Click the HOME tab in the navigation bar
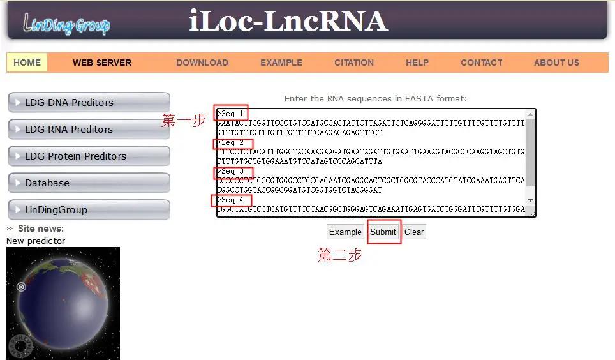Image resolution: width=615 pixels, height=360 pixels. tap(27, 63)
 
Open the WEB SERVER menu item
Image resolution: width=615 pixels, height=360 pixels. tap(102, 63)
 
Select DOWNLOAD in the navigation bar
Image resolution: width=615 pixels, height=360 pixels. tap(202, 63)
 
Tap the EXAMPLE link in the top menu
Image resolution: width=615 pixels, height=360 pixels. tap(281, 63)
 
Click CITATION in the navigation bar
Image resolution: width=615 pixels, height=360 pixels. tap(354, 63)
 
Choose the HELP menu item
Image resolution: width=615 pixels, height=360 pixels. tap(417, 63)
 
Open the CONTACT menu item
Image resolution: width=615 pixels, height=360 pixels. tap(482, 63)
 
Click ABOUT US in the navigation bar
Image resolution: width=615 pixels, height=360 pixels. tap(556, 63)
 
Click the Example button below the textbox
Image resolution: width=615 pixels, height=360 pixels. tap(345, 232)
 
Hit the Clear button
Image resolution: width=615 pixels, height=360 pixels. tap(414, 232)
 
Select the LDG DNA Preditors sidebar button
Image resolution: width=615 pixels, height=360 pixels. tap(89, 103)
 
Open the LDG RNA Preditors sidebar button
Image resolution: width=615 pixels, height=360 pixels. tap(89, 130)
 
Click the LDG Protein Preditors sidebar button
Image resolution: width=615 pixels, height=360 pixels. tap(89, 156)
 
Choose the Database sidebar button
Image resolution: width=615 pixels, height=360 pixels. tap(89, 183)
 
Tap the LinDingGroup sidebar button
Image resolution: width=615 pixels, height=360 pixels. tap(89, 210)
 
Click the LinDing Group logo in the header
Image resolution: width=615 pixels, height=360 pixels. tap(66, 24)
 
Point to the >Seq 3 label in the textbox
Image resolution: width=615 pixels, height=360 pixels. tap(233, 172)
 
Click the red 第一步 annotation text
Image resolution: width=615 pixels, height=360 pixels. tap(184, 120)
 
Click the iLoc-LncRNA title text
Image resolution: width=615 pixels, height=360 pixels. tap(288, 21)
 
